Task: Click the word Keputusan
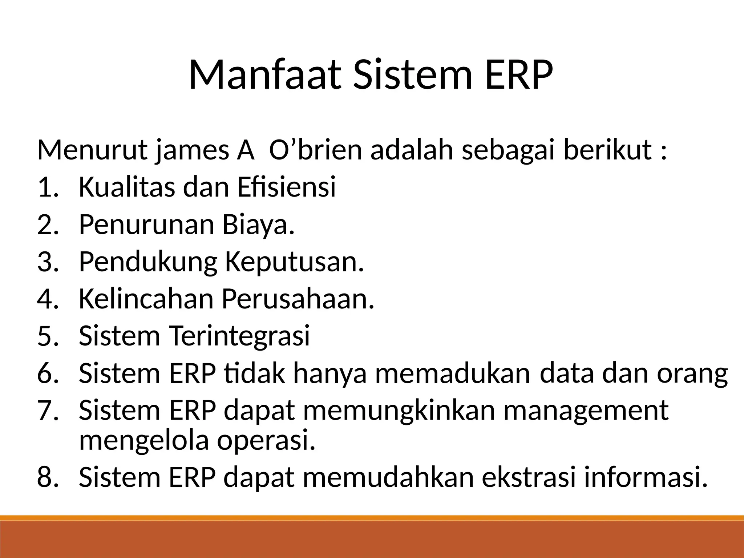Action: [x=294, y=262]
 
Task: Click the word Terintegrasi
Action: [x=240, y=336]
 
